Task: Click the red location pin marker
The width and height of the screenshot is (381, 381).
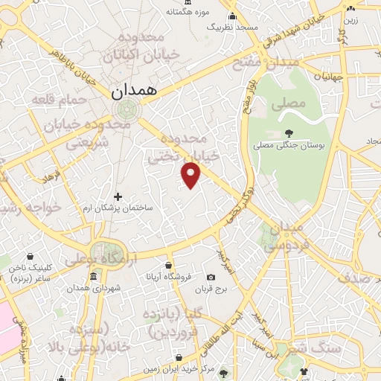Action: click(192, 175)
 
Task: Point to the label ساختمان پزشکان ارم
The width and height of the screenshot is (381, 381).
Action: click(118, 208)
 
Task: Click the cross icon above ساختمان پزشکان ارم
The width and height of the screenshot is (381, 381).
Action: click(118, 196)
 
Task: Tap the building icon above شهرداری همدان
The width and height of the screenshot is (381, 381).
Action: click(92, 278)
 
